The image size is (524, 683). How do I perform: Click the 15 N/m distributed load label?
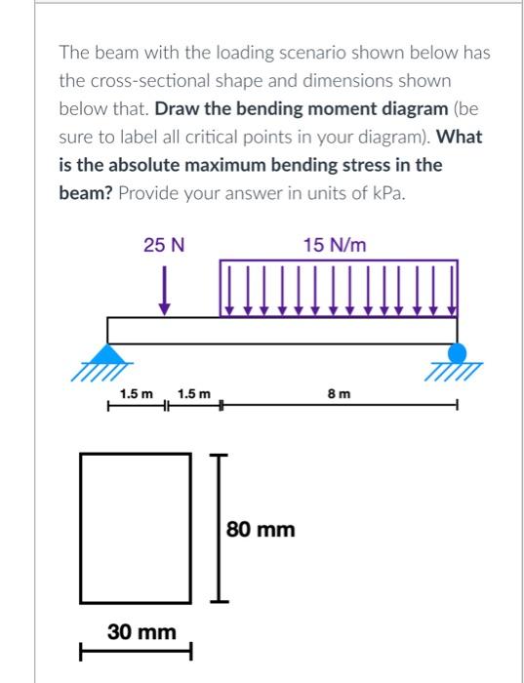coord(335,245)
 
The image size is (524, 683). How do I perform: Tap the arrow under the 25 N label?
coord(167,292)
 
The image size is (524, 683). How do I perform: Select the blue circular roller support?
coord(456,353)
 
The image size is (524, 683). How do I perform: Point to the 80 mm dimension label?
coord(261,530)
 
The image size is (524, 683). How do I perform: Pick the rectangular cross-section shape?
coord(136,527)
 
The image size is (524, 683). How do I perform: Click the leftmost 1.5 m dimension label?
coord(137,395)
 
